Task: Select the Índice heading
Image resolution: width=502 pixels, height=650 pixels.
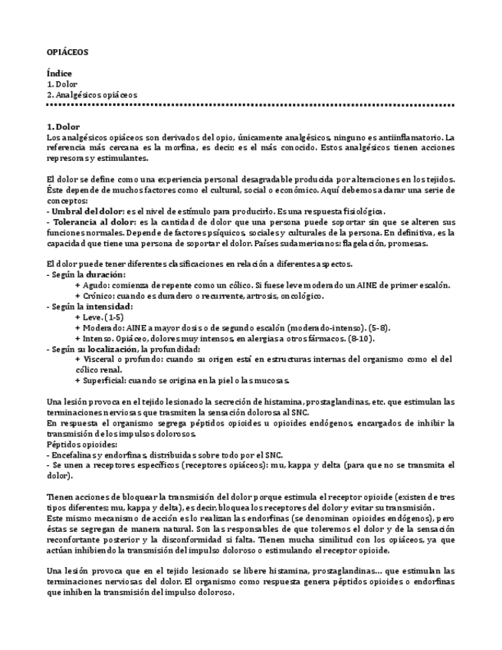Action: [59, 74]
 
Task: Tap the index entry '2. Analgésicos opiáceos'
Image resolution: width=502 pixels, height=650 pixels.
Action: [92, 94]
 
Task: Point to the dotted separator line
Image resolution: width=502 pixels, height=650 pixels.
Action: [251, 105]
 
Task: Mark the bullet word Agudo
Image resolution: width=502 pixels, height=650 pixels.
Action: [94, 285]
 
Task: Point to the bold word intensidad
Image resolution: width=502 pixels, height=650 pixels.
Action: [110, 306]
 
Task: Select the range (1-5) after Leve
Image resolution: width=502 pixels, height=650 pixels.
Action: [116, 317]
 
